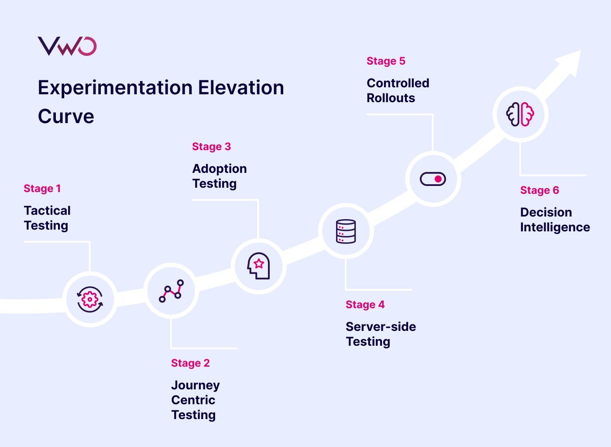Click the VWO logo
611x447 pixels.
click(x=67, y=46)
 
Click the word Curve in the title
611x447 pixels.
click(x=66, y=117)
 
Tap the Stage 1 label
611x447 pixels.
click(x=42, y=189)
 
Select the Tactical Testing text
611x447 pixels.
click(x=47, y=218)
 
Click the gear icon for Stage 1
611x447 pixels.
click(x=90, y=299)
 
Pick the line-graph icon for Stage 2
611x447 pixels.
click(x=171, y=291)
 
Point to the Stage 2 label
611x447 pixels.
click(x=190, y=363)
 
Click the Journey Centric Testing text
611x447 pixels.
click(x=195, y=400)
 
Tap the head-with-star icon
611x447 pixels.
click(x=258, y=266)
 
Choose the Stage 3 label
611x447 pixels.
click(x=211, y=147)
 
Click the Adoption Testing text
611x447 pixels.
click(x=220, y=176)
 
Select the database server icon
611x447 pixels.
click(x=346, y=231)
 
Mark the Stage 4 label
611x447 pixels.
click(x=365, y=305)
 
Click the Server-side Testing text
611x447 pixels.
click(x=381, y=334)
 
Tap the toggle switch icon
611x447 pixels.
click(x=433, y=179)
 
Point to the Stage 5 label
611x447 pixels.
click(x=386, y=61)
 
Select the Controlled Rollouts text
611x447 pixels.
click(x=398, y=90)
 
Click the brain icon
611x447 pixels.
click(x=520, y=114)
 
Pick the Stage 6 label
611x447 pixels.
click(x=539, y=190)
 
